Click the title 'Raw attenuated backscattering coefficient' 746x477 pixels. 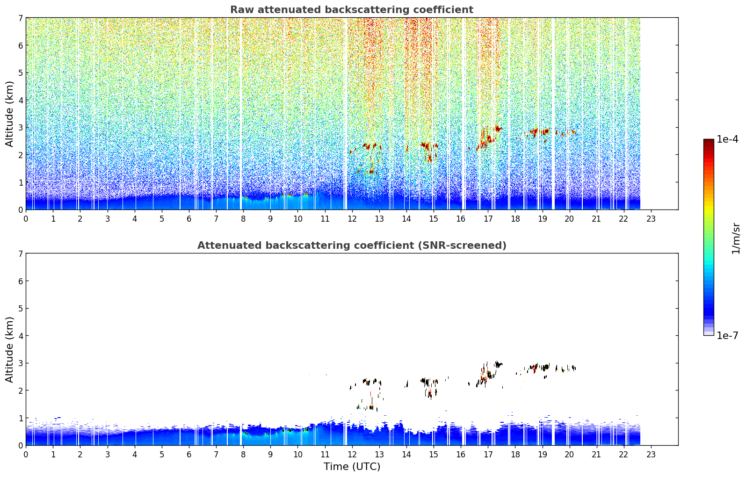pos(352,10)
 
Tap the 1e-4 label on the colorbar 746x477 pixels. pos(727,139)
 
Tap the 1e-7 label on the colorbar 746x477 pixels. pos(727,335)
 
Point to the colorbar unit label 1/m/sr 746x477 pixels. pos(736,239)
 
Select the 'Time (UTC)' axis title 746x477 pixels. pos(352,467)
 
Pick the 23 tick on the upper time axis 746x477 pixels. pos(651,219)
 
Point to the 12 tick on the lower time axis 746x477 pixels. pos(352,455)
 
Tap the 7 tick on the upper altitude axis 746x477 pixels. pos(21,18)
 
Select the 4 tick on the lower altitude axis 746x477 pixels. pos(21,336)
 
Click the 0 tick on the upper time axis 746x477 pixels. pos(26,219)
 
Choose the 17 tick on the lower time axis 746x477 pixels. pos(488,455)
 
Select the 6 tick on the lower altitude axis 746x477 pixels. pos(21,281)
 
